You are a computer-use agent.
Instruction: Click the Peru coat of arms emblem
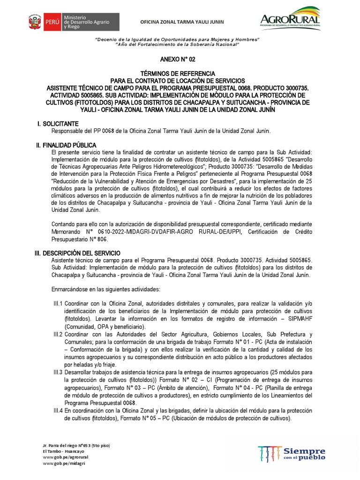click(34, 22)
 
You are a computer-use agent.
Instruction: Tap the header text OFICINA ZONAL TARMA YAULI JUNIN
click(182, 22)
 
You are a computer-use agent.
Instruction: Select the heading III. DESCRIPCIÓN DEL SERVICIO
click(78, 253)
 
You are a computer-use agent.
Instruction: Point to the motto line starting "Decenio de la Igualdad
click(177, 39)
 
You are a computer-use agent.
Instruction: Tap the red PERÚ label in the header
click(52, 22)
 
